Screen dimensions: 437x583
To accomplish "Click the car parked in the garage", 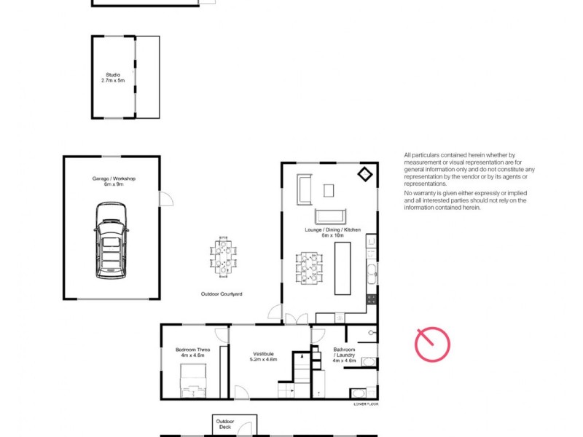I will point(111,240).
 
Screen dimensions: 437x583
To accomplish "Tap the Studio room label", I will point(113,76).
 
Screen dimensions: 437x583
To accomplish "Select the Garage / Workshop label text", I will point(114,181).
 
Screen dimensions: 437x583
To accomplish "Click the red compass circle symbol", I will point(432,345).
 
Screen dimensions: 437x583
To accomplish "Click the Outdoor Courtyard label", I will point(222,294).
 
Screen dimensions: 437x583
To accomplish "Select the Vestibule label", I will point(263,354).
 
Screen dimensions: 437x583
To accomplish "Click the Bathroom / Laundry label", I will point(344,355).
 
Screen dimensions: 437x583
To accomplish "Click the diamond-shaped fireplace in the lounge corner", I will point(364,174).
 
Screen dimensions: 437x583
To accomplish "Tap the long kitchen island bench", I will point(343,268).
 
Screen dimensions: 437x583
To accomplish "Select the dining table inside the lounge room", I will point(308,268).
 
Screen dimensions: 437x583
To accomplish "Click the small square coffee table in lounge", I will point(329,190).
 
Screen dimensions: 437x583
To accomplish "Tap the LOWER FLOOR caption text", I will point(365,403).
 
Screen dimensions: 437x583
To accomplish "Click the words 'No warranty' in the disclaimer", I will point(418,193).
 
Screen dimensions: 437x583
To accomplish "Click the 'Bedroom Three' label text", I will point(192,350).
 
